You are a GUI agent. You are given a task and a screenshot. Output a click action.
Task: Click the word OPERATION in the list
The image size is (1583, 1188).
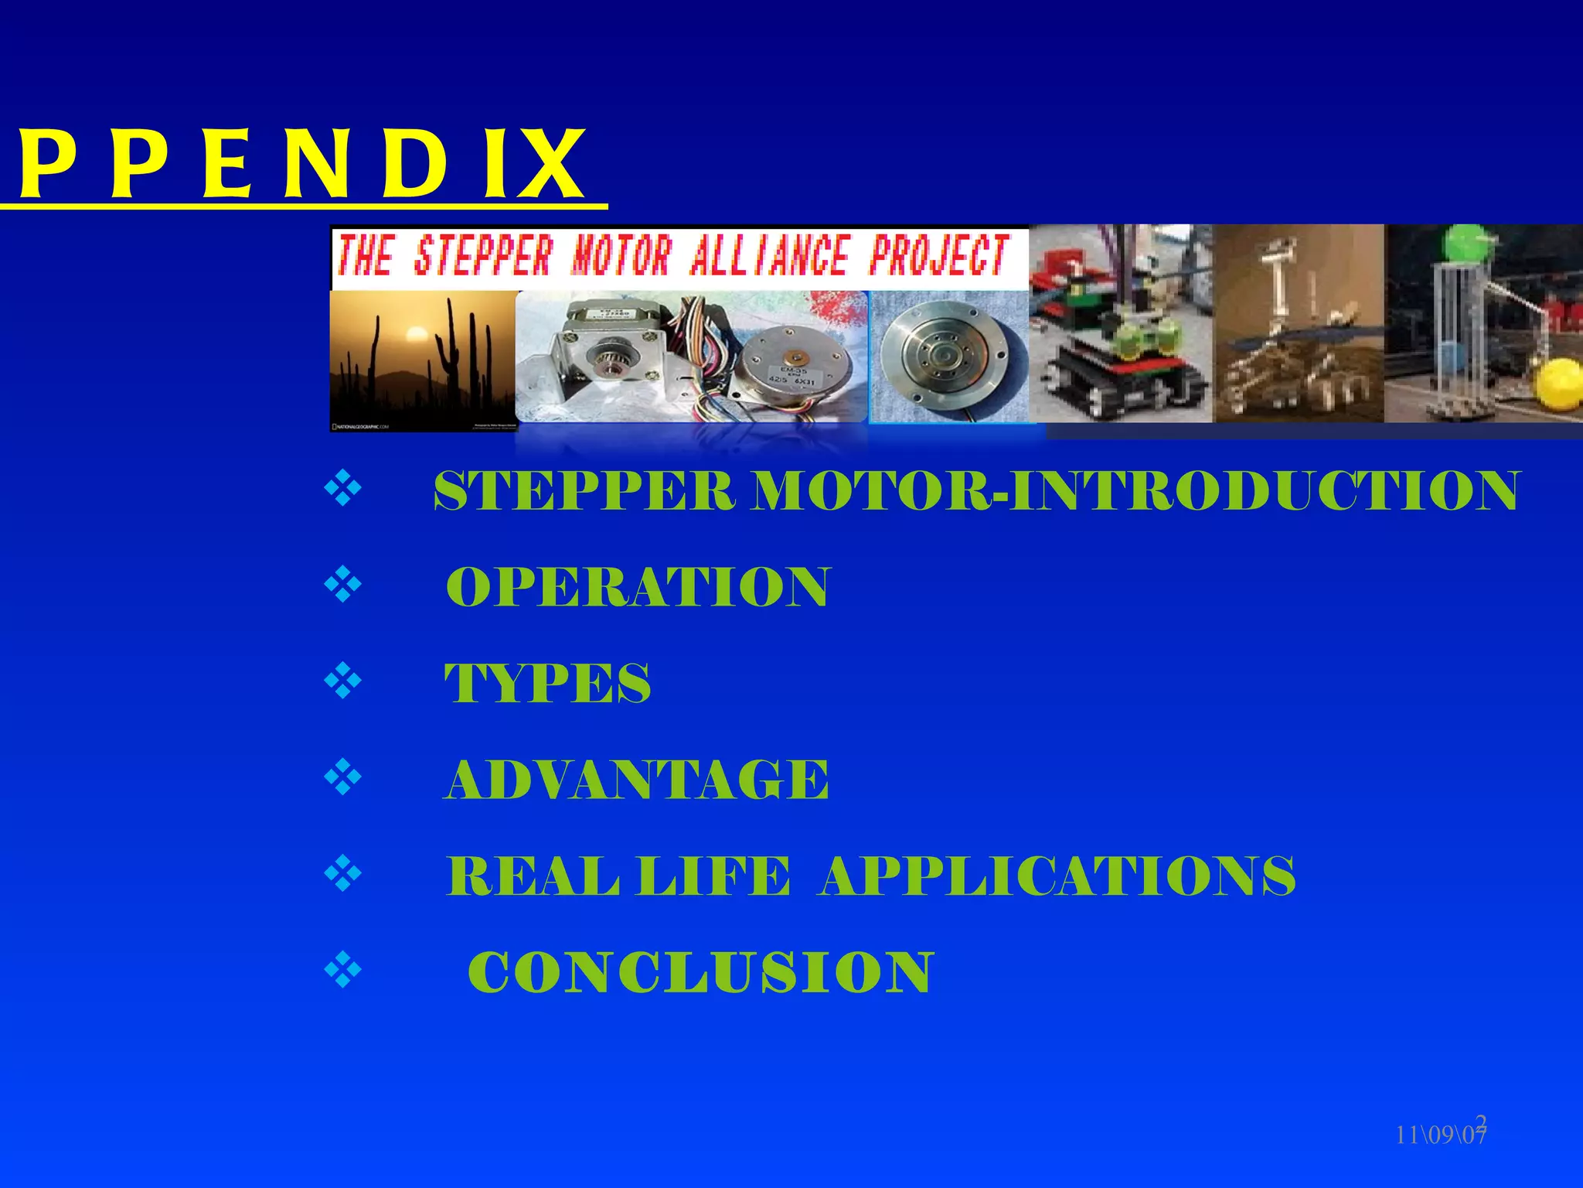tap(638, 588)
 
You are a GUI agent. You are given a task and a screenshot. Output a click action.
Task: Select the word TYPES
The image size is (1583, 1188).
tap(547, 684)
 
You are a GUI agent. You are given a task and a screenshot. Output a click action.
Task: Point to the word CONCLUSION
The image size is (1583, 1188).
tap(700, 972)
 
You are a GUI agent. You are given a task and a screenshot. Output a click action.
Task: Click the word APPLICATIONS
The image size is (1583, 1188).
tap(1058, 876)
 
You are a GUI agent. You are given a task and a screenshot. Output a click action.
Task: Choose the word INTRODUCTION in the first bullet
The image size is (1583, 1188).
tap(1265, 492)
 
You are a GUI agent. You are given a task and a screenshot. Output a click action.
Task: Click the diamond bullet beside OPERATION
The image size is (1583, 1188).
tap(343, 585)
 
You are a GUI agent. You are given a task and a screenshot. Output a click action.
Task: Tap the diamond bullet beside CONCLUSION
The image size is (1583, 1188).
tap(343, 971)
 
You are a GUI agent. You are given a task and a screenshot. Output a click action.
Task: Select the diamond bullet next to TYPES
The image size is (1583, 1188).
tap(343, 681)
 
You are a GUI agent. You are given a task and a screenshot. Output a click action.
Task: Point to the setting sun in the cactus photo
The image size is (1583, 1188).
tap(416, 336)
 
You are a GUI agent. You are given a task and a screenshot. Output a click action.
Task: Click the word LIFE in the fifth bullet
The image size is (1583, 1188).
tap(713, 876)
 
